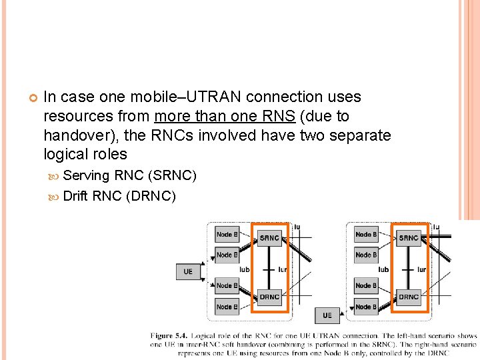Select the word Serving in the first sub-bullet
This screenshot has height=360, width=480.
[x=87, y=176]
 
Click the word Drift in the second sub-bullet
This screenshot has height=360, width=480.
[x=75, y=196]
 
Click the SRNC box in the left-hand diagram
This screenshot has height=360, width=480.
[x=269, y=238]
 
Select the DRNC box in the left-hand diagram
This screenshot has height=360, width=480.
[x=269, y=297]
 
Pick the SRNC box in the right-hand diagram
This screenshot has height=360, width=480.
[x=408, y=238]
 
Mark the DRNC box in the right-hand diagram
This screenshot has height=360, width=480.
[x=408, y=297]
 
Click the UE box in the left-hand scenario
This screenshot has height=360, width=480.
[x=188, y=271]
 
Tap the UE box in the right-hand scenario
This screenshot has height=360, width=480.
[x=327, y=315]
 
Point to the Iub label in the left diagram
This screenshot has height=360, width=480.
[x=244, y=269]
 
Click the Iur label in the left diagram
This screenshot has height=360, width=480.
[x=282, y=269]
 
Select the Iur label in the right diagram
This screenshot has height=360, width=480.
[x=421, y=269]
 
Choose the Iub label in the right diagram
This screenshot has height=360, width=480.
[x=383, y=269]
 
